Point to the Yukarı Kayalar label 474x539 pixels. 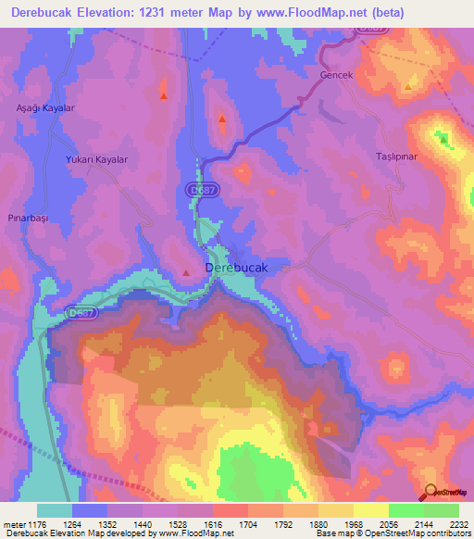pos(95,159)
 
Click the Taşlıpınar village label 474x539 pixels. pos(397,157)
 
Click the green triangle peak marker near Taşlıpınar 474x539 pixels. pos(443,139)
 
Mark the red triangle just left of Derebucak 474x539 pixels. pos(187,272)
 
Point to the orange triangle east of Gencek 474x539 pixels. pos(409,87)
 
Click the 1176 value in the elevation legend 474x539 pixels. pos(36,524)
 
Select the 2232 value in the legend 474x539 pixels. pos(459,524)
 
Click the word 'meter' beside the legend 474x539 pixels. pos(13,524)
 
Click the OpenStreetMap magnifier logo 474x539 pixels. pos(430,493)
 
